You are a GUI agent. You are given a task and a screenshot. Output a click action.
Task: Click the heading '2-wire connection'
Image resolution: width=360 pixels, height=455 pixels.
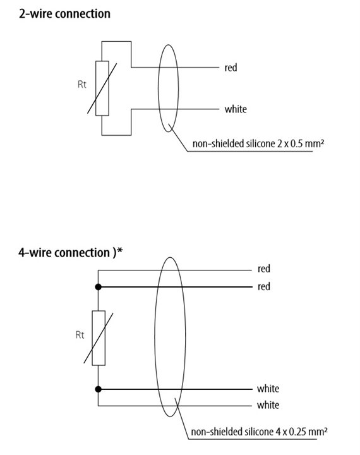coord(64,14)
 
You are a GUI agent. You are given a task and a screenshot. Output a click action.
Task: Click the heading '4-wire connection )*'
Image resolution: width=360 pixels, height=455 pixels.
coord(71,252)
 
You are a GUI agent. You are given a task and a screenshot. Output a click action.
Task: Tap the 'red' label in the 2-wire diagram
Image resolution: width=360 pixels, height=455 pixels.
coord(231,68)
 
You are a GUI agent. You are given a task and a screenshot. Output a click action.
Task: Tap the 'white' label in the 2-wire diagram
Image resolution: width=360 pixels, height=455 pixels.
coord(236,109)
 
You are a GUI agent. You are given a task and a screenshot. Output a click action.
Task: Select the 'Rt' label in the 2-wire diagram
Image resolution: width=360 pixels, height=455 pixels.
coord(82,84)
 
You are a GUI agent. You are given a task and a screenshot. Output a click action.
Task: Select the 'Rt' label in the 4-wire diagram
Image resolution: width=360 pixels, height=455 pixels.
coord(80,335)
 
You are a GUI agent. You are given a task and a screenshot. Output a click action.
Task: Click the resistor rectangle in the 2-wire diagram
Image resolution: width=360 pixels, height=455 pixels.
coord(102,88)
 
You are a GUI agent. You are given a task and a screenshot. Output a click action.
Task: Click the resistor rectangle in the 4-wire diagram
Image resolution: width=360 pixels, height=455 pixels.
coord(99,338)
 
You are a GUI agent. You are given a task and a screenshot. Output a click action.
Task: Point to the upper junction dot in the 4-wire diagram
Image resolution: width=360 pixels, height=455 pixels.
coord(99,287)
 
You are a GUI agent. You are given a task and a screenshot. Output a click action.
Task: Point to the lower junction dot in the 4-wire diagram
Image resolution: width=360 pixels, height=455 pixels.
coord(99,389)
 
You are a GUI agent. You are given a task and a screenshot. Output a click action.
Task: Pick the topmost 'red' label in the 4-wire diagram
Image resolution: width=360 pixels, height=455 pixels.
coord(264,269)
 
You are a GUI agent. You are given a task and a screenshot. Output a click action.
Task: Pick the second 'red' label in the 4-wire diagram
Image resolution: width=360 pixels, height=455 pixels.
coord(264,287)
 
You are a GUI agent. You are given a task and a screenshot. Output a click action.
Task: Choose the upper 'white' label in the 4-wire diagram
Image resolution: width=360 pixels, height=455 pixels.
coord(268,389)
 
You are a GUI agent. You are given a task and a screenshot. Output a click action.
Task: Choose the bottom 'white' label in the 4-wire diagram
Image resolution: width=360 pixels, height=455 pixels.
coord(268,405)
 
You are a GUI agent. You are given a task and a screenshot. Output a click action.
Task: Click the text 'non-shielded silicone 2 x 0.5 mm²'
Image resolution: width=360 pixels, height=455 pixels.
coord(258,143)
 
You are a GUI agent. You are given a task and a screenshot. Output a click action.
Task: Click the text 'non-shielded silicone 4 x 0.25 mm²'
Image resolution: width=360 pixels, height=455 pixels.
coord(260,432)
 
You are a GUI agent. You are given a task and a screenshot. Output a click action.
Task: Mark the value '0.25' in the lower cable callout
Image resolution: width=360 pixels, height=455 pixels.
coord(297,432)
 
